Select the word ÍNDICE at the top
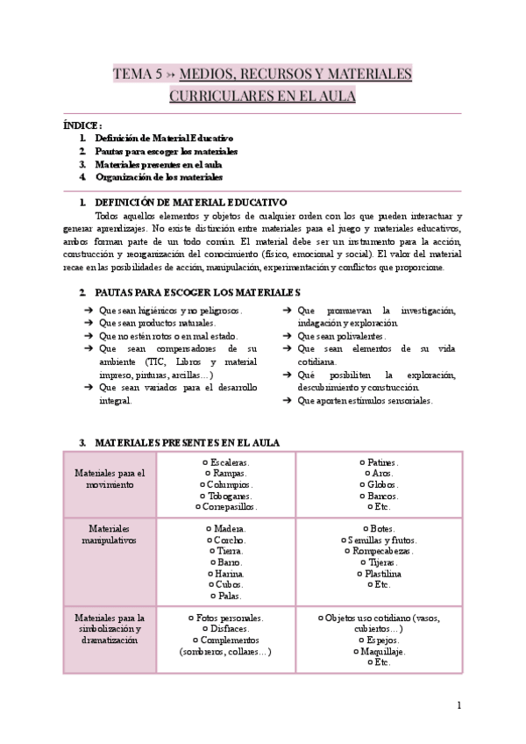tap(82, 125)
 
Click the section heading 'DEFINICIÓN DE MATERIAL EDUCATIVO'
tap(189, 202)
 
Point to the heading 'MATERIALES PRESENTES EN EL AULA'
tap(187, 443)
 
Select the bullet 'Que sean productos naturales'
tap(157, 323)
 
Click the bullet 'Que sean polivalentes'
tap(342, 336)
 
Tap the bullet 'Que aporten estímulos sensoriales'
tap(365, 400)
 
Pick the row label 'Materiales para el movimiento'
tap(110, 478)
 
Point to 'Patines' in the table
tap(382, 462)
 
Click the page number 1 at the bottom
tap(459, 705)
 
